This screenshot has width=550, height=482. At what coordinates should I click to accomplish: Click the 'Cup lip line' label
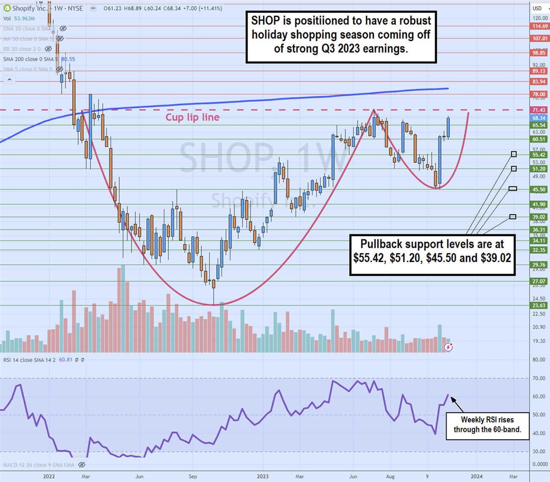tap(193, 118)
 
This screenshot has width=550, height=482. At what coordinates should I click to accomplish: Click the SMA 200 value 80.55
tap(68, 58)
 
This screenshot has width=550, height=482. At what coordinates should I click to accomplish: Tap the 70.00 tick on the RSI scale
tap(538, 379)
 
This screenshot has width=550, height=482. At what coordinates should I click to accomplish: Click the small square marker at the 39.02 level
tap(513, 217)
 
